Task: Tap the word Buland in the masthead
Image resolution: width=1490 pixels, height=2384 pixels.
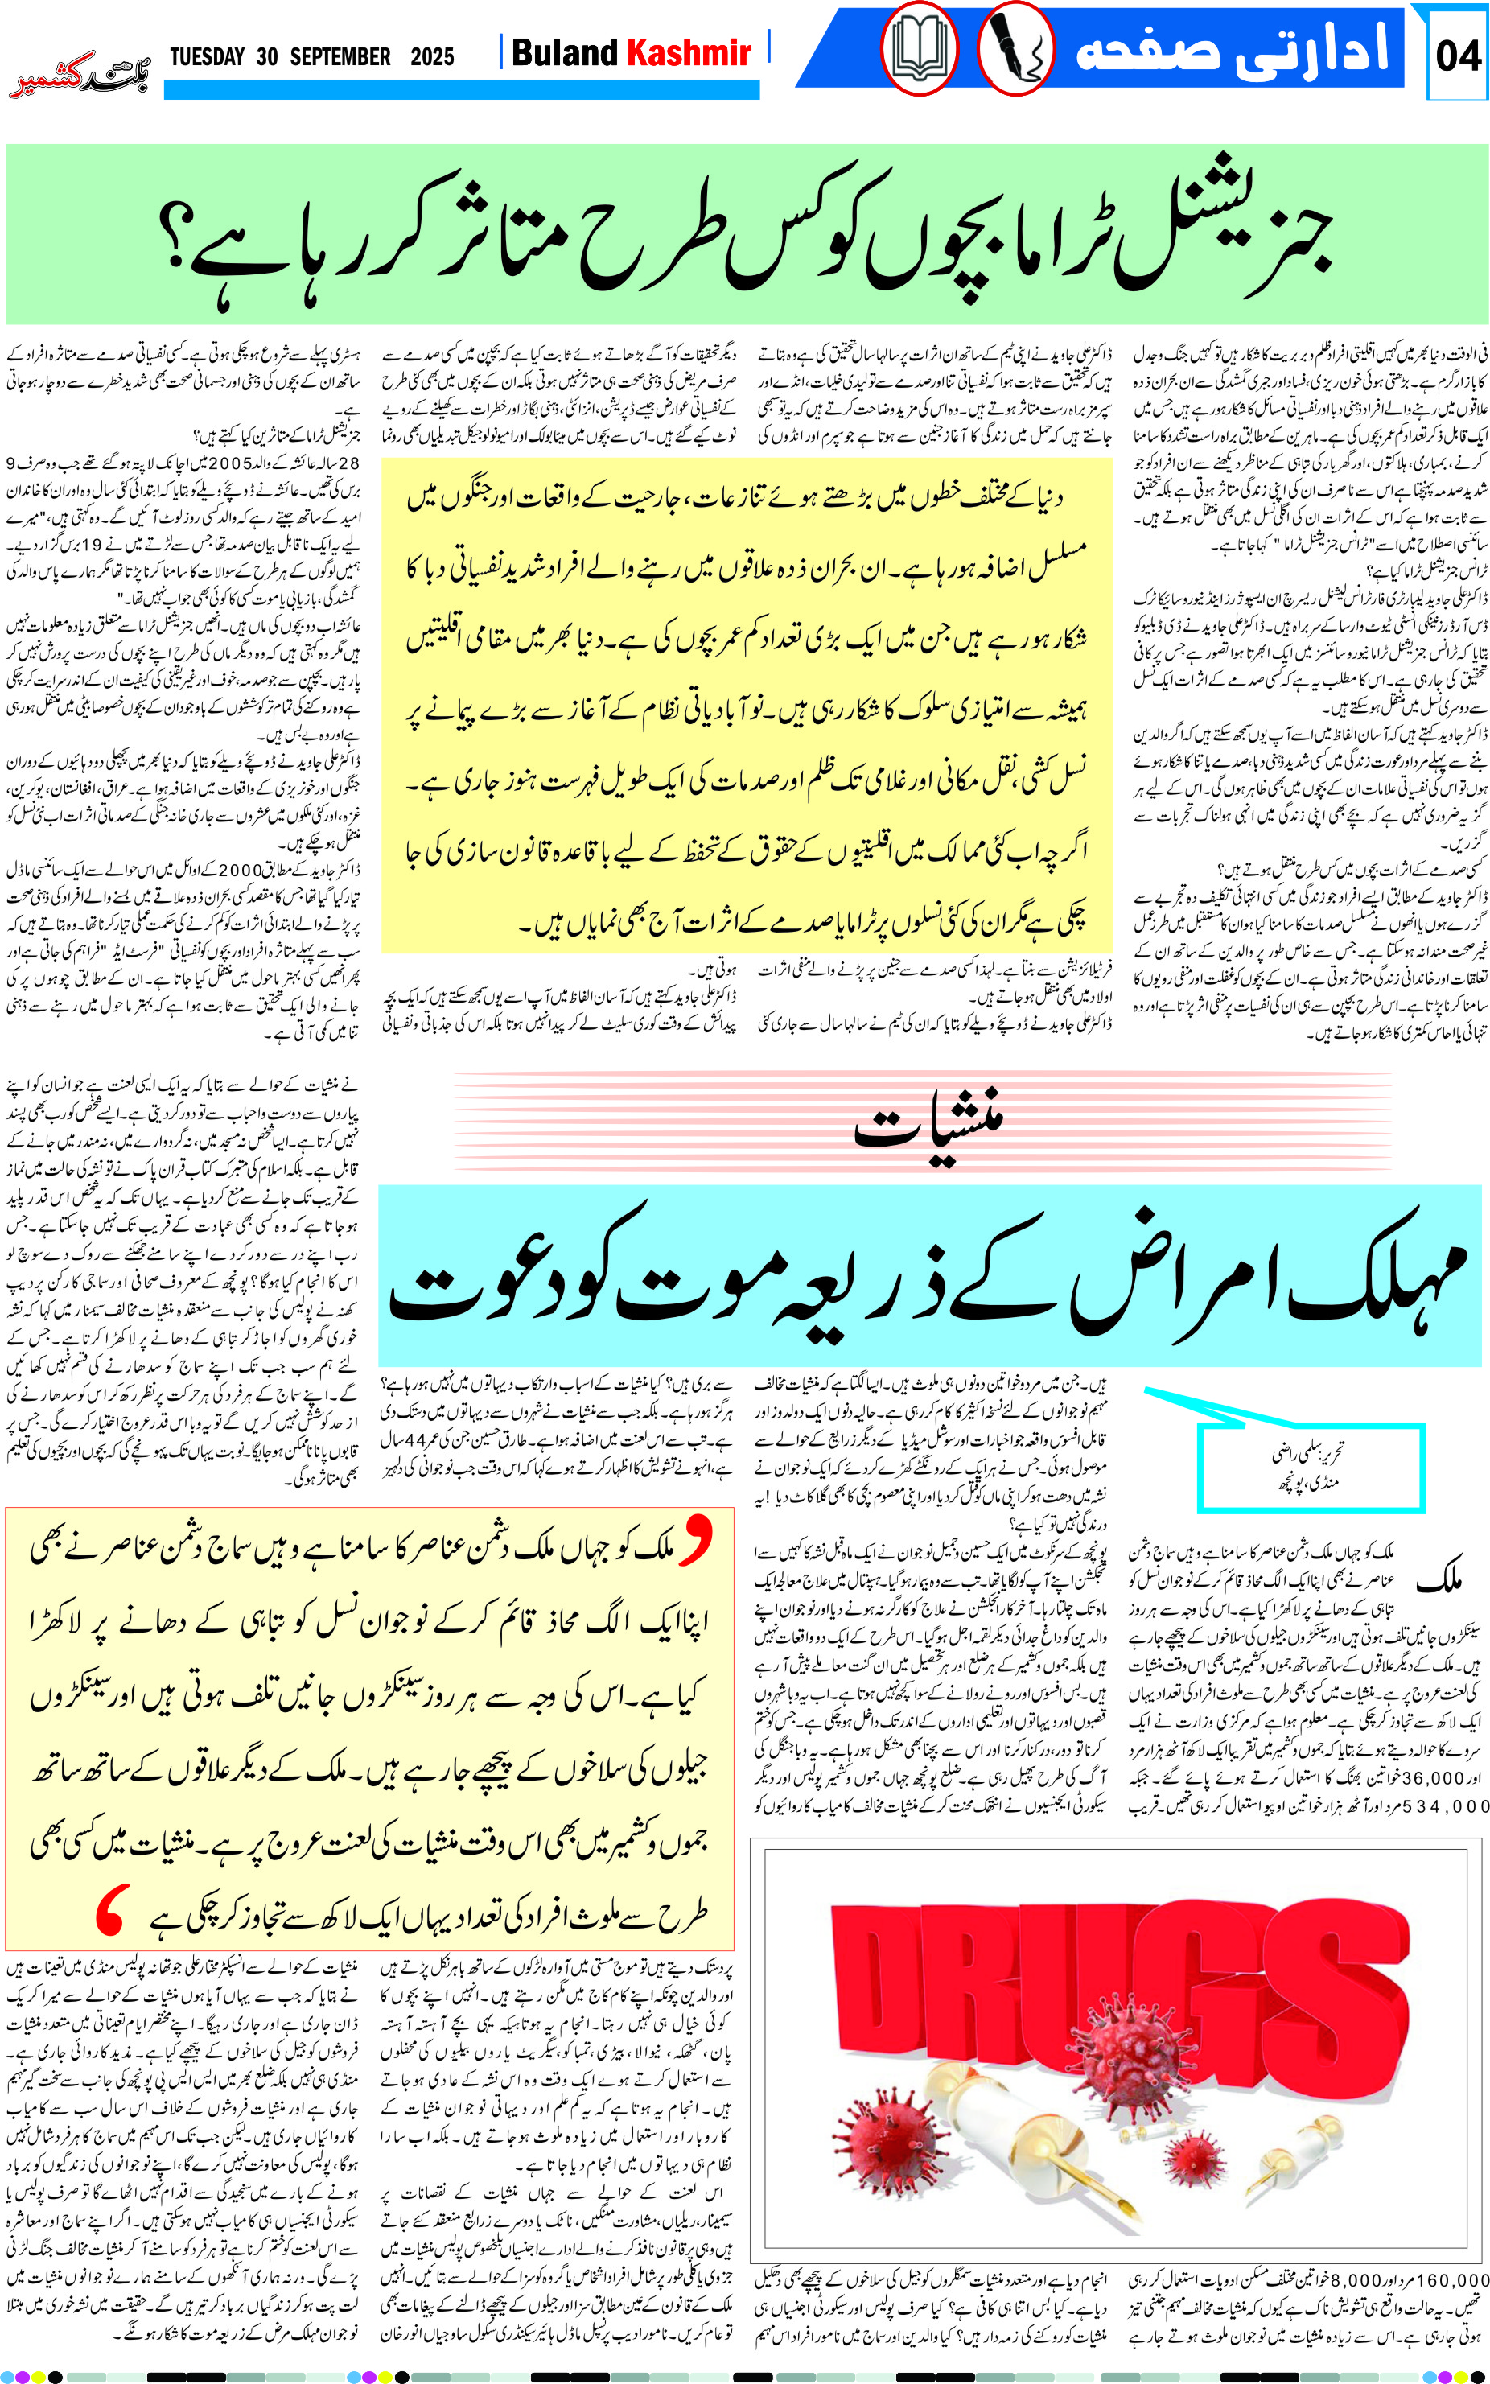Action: pos(565,52)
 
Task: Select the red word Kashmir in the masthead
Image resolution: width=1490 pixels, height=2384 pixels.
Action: pos(689,52)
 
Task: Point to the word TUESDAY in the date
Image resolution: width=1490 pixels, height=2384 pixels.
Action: pos(207,56)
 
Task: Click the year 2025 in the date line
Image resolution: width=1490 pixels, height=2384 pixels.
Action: pos(431,56)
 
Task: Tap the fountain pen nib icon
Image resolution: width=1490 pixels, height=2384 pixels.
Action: pos(1016,48)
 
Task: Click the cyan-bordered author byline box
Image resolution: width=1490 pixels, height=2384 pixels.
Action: pos(1311,1468)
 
